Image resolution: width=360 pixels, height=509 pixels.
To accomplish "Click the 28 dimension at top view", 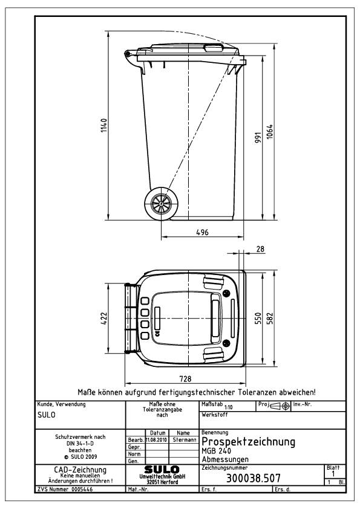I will tap(260, 249).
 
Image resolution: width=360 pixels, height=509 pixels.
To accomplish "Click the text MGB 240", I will tap(214, 451).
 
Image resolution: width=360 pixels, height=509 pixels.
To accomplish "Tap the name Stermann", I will tap(182, 439).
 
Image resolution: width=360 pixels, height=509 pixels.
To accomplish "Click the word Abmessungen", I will tap(224, 459).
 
